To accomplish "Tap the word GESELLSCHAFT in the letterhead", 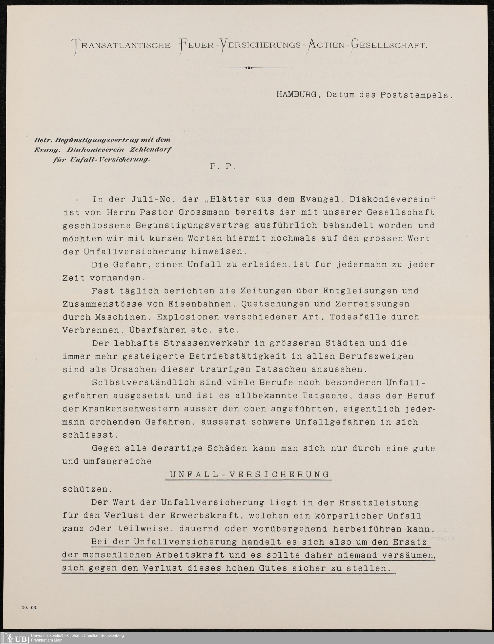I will pyautogui.click(x=388, y=45).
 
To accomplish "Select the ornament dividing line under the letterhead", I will pyautogui.click(x=249, y=68).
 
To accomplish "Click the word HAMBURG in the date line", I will pyautogui.click(x=296, y=95).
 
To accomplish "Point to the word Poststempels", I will pyautogui.click(x=416, y=95).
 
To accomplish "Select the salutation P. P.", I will pyautogui.click(x=223, y=166).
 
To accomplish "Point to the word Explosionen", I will pyautogui.click(x=188, y=317).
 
